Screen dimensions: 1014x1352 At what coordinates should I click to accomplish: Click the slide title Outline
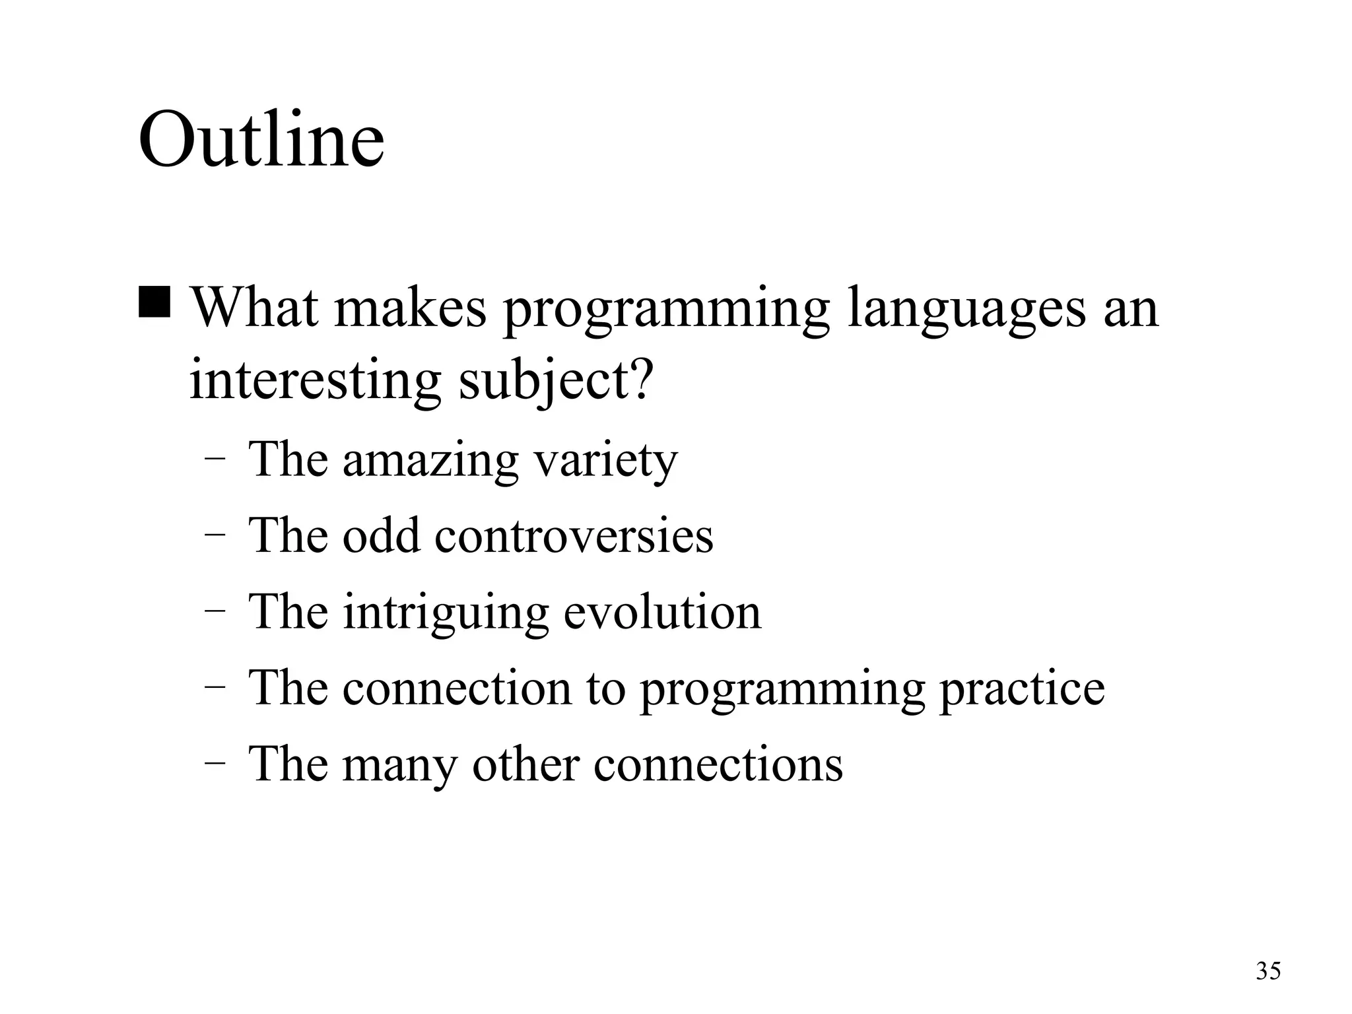point(261,140)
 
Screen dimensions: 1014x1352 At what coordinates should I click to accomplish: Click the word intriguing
point(446,613)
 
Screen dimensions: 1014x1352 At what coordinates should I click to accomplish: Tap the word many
point(399,765)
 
